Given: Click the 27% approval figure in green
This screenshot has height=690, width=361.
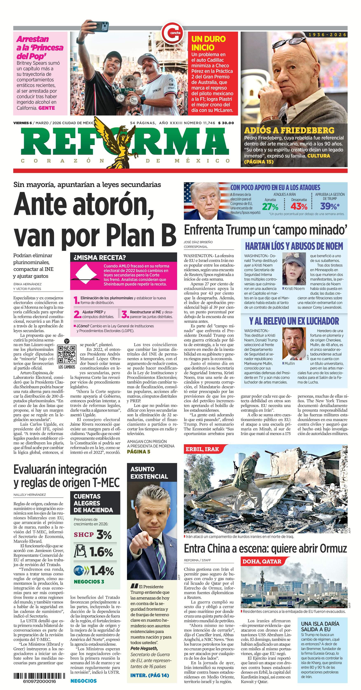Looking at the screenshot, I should (270, 207).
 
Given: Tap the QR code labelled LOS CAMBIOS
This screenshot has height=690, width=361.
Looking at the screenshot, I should (67, 354).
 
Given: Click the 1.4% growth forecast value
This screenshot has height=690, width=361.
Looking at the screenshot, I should (102, 571).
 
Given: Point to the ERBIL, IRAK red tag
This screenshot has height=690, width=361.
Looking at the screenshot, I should (202, 449).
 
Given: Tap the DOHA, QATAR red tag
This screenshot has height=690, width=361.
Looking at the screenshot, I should (262, 561).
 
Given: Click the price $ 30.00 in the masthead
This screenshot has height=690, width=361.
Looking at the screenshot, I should (226, 123).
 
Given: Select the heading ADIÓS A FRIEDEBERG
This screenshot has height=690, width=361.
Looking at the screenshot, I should (289, 130).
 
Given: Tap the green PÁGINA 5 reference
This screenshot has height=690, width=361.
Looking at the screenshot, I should (138, 452).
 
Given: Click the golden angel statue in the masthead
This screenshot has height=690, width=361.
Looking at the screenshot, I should (120, 142).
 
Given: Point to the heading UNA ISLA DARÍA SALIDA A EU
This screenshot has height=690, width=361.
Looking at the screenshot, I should (320, 627).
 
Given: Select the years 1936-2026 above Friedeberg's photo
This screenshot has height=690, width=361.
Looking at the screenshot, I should (327, 35).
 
